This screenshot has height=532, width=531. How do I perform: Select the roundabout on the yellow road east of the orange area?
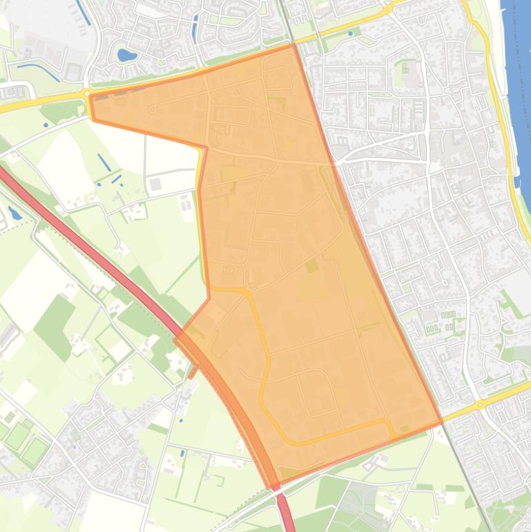pyautogui.click(x=480, y=404)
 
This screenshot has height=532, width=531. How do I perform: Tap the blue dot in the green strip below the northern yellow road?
pyautogui.click(x=351, y=33)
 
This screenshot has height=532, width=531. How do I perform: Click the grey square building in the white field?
pyautogui.click(x=155, y=184)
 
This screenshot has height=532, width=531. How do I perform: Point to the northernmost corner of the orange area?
pyautogui.click(x=294, y=45)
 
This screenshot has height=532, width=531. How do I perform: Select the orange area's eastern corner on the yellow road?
pyautogui.click(x=441, y=422)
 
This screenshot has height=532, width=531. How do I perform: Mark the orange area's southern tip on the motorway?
pyautogui.click(x=276, y=484)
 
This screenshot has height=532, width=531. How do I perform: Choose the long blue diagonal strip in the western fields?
pyautogui.click(x=104, y=163)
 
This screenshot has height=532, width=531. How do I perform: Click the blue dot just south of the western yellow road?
pyautogui.click(x=46, y=125)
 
